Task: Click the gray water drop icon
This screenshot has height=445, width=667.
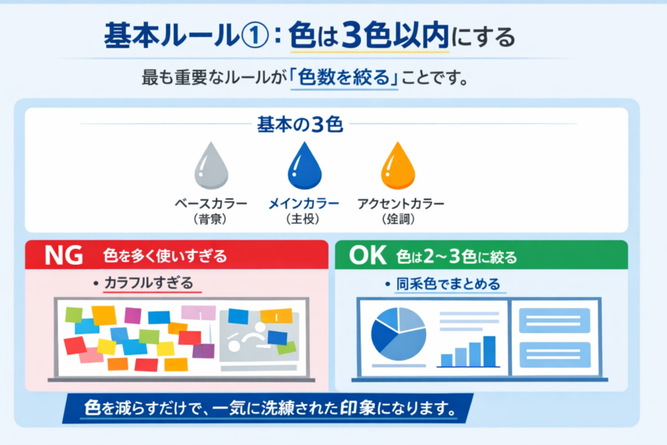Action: tap(212, 166)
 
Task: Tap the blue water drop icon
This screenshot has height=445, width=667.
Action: tap(305, 166)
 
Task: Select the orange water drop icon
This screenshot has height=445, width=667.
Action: tap(398, 166)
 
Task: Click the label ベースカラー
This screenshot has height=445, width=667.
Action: tap(211, 204)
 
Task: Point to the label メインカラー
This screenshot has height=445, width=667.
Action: tap(304, 204)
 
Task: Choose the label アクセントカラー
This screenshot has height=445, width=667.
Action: tap(401, 204)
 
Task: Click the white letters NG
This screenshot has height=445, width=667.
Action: tap(64, 255)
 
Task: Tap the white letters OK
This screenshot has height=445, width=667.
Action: tap(367, 255)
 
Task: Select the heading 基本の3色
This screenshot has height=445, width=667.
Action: tap(300, 124)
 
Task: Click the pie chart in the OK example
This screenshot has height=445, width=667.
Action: tap(399, 334)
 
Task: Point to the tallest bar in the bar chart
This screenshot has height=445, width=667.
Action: tap(490, 351)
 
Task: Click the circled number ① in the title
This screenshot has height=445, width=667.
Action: tap(255, 36)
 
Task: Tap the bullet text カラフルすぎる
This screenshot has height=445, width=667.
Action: tap(149, 283)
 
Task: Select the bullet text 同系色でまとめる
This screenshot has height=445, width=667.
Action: tap(448, 284)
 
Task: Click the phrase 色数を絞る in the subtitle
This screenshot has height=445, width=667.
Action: tap(344, 78)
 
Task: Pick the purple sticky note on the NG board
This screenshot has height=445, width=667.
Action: tap(203, 351)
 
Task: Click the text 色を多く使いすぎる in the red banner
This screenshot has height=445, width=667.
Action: tap(165, 256)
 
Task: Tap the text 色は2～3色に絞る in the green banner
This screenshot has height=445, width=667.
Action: tap(457, 257)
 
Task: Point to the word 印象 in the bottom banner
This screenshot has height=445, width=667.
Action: tap(358, 408)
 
